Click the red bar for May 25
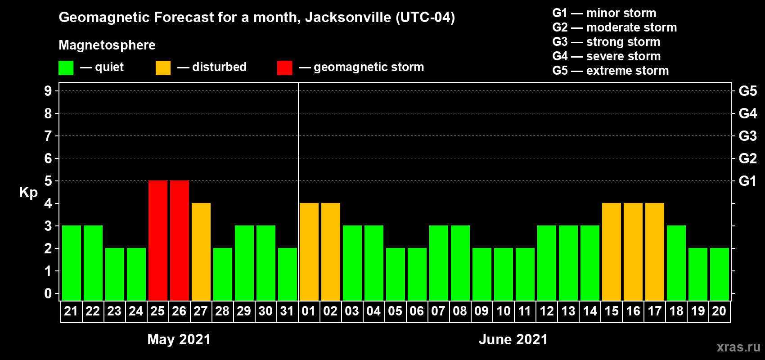coord(158,240)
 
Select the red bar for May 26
coord(180,240)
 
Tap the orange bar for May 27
coord(201,252)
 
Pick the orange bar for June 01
coord(309,252)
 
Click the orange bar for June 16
coord(633,252)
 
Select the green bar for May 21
coord(72,263)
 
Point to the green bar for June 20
coord(720,274)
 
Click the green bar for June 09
coord(482,274)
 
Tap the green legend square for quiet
coord(66,68)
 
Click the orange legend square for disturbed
coord(163,68)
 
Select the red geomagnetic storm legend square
coord(284,68)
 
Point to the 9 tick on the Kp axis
coord(48,91)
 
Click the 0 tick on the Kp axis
coord(48,293)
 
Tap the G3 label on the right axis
coord(747,136)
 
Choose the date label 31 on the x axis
coord(287,311)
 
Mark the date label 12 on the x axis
coord(547,311)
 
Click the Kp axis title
coord(28,192)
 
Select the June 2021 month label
coord(513,339)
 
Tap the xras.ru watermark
coord(738,347)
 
